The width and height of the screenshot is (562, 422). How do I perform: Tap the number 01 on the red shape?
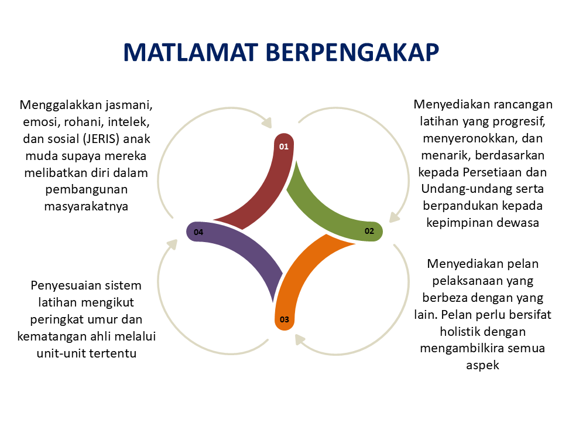coord(284,147)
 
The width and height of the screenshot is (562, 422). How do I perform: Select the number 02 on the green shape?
coord(369,231)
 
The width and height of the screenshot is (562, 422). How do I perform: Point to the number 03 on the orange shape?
coord(285,320)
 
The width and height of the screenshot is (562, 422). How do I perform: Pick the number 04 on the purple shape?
coord(198,233)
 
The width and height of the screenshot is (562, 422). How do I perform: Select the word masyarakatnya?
coord(86,206)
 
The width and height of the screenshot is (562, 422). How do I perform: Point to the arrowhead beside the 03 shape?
coord(300,340)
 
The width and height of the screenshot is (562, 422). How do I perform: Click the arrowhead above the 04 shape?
coord(172,244)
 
